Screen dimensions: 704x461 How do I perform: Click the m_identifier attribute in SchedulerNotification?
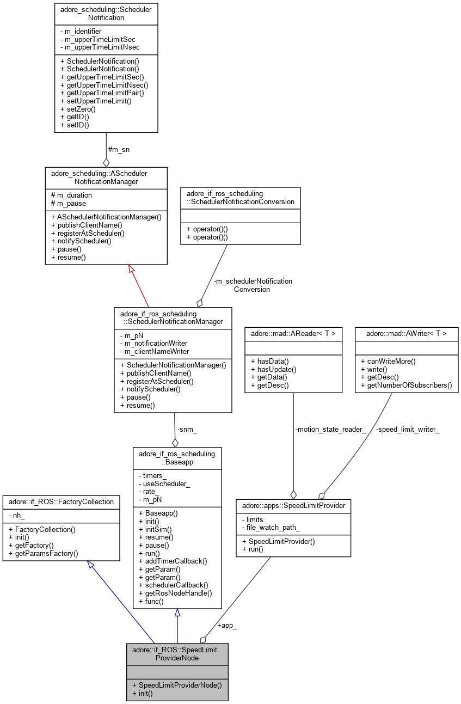tap(83, 31)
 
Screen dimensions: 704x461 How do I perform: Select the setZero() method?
tap(80, 108)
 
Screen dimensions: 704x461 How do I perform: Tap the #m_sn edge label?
tap(119, 149)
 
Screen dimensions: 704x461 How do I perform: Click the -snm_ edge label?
tap(187, 429)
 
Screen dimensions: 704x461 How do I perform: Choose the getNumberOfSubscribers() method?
tap(407, 385)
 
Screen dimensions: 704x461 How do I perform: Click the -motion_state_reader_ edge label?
tap(330, 429)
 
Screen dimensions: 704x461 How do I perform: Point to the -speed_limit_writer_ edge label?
tap(408, 429)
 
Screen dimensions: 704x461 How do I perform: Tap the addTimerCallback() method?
tap(173, 560)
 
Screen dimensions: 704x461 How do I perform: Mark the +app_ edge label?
tap(227, 625)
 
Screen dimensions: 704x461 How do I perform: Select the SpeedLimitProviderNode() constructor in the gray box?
tap(177, 684)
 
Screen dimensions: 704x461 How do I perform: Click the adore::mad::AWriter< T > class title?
tap(406, 333)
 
